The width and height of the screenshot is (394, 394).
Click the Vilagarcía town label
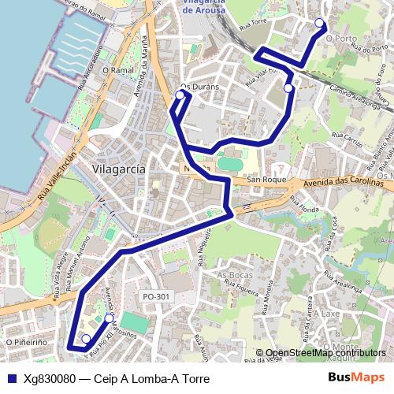118,169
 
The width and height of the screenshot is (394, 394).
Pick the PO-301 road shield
156,296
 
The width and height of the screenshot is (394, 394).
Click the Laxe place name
330,313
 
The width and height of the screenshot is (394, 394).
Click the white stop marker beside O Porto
319,23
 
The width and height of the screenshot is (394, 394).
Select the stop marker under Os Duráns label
180,95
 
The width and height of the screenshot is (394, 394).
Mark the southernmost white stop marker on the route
86,339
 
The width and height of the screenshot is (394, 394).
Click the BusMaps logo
356,377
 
